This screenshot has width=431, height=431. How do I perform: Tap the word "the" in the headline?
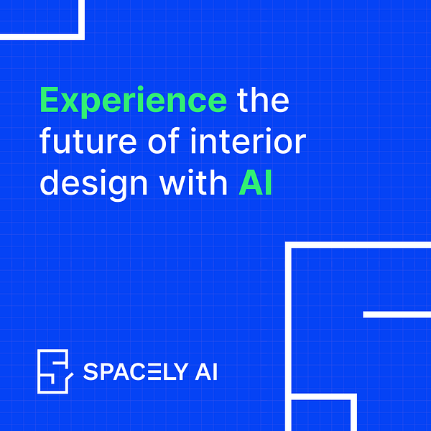[263, 101]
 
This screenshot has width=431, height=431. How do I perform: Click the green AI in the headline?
[256, 182]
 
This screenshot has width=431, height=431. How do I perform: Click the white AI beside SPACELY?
[205, 372]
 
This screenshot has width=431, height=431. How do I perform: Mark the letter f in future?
[46, 142]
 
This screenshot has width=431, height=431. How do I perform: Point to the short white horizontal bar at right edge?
[397, 315]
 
